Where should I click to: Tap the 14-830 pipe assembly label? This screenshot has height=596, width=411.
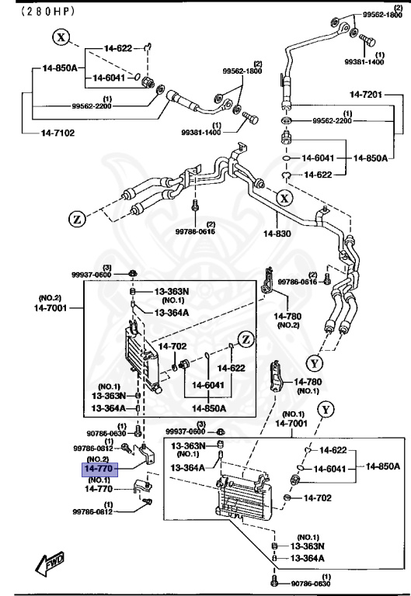(277, 232)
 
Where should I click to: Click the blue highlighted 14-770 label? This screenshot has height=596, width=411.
(99, 470)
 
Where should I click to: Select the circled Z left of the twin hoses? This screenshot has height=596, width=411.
(77, 219)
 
